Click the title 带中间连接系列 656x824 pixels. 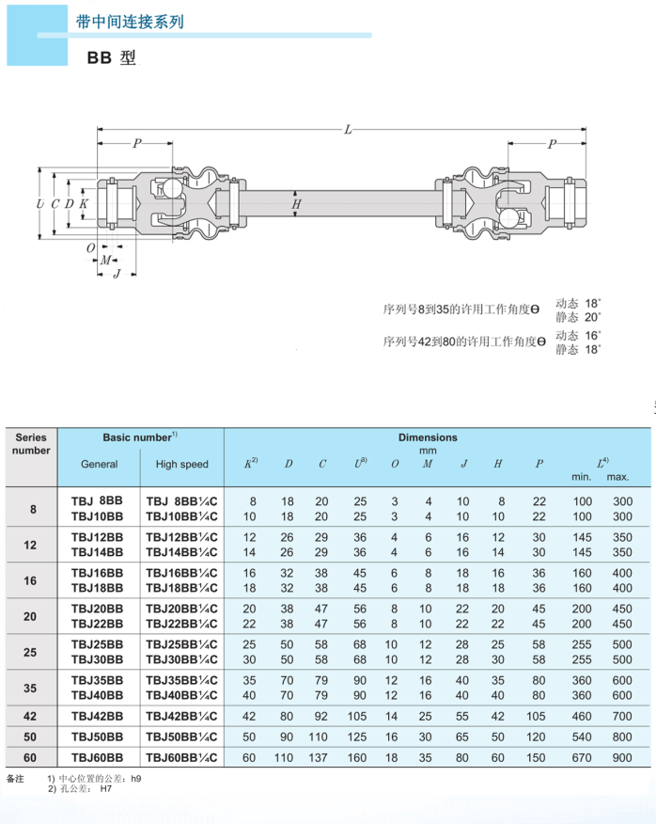(x=130, y=21)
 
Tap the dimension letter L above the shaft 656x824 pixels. (x=348, y=130)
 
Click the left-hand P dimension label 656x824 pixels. (x=137, y=144)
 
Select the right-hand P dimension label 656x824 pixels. (x=551, y=144)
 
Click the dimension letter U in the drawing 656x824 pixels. (x=39, y=204)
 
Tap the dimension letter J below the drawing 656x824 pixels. (x=117, y=274)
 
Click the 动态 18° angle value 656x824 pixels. (x=578, y=304)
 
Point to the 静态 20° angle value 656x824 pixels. (x=578, y=317)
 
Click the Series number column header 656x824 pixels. (x=32, y=443)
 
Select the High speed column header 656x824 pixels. (x=182, y=464)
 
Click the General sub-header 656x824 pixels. (x=100, y=464)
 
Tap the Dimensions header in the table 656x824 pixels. (x=428, y=437)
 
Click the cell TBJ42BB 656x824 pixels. (x=98, y=715)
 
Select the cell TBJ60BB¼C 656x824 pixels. (x=182, y=756)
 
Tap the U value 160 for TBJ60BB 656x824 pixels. (x=359, y=756)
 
